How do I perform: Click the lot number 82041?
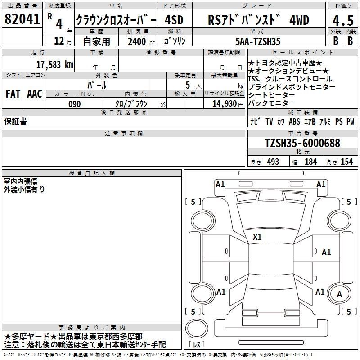(22, 19)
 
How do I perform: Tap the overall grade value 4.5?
(343, 21)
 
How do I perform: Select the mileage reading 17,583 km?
(54, 65)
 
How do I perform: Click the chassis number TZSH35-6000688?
(302, 143)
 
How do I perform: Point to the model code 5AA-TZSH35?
(258, 41)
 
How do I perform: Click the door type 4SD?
(174, 20)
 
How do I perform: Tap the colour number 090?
(75, 104)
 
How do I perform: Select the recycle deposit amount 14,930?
(225, 104)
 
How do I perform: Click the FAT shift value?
(13, 94)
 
